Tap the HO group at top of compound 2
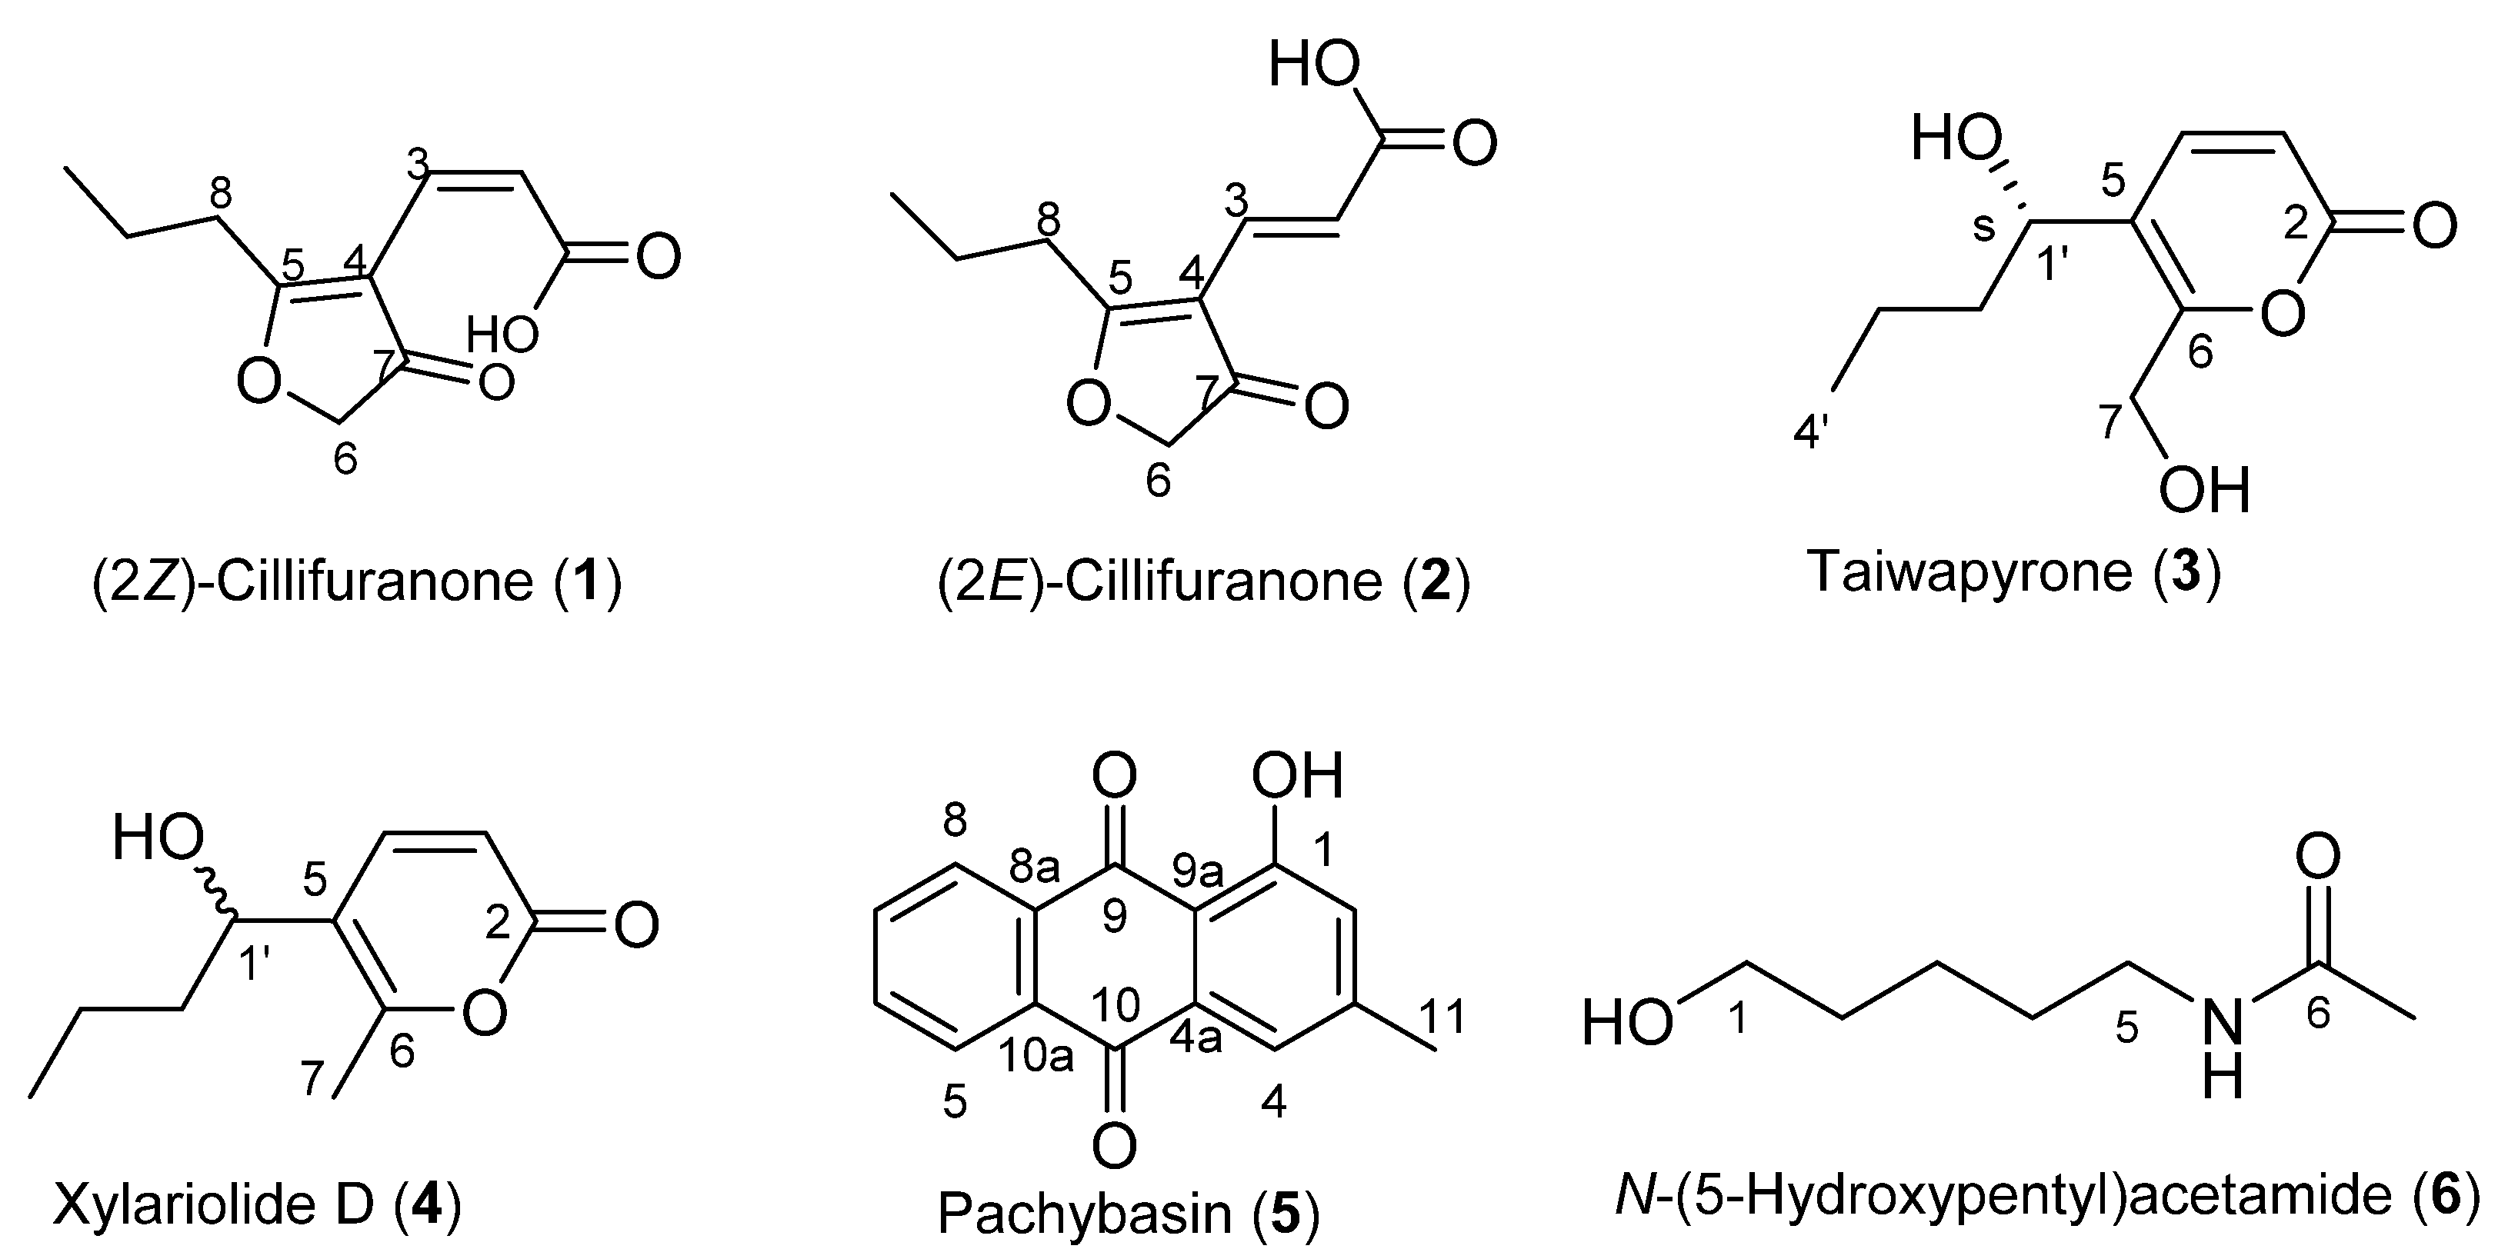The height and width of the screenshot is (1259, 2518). click(x=1314, y=66)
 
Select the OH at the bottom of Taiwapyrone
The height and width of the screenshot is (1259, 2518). click(x=2205, y=490)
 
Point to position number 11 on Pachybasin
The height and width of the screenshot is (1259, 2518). click(x=1442, y=1017)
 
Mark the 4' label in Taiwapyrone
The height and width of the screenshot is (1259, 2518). click(x=1811, y=430)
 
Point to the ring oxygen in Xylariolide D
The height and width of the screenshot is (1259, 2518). click(x=485, y=1014)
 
